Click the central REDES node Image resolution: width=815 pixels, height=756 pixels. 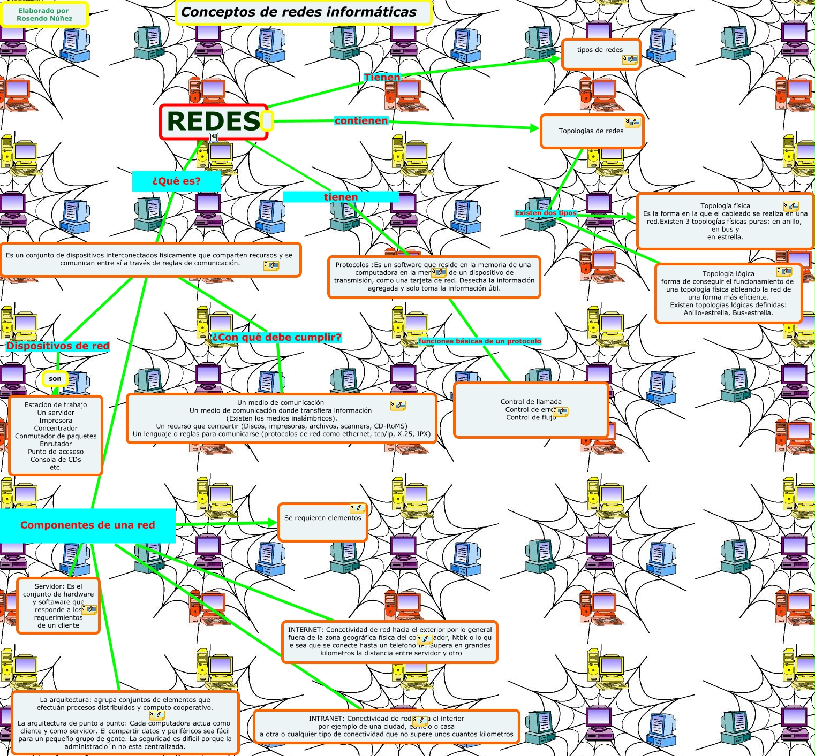click(x=213, y=121)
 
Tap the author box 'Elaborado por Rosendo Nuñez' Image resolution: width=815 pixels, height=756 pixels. click(x=44, y=14)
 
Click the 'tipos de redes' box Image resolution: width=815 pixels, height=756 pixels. click(x=600, y=53)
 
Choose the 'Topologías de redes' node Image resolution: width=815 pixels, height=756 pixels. click(x=591, y=131)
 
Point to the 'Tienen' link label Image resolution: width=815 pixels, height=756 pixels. click(x=382, y=78)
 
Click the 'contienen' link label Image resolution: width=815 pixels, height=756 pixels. click(x=361, y=121)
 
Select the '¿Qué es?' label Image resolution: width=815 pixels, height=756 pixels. click(x=176, y=181)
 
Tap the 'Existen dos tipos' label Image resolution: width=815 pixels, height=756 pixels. click(x=546, y=213)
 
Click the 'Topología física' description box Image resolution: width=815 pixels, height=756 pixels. click(x=725, y=221)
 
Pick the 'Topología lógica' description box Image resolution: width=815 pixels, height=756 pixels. click(x=728, y=293)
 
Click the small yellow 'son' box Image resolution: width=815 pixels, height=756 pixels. click(x=55, y=379)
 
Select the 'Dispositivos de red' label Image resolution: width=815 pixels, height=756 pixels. click(x=58, y=346)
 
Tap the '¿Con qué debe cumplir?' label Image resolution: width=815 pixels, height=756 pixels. click(x=276, y=337)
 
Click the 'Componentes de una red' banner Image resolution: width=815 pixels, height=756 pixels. click(x=87, y=525)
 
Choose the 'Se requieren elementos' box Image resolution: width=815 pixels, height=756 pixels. click(x=322, y=522)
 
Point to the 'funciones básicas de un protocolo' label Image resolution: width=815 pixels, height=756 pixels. click(x=480, y=341)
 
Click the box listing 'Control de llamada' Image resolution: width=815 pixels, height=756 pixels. click(x=531, y=410)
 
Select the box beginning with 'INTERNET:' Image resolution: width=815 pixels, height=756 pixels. click(x=390, y=642)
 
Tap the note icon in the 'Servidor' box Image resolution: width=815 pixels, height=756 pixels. click(x=89, y=609)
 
